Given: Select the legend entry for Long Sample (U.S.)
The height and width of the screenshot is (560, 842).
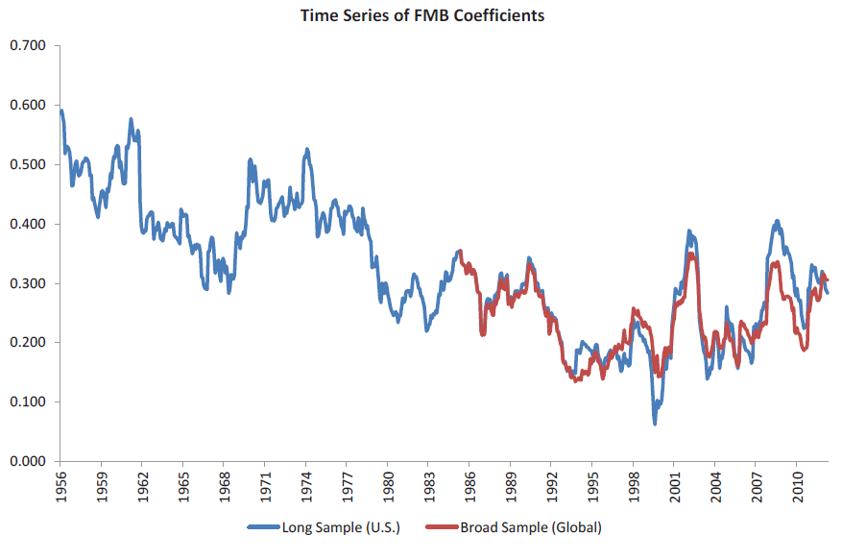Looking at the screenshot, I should click(x=336, y=527).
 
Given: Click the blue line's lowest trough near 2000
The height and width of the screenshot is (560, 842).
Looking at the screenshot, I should click(x=655, y=423).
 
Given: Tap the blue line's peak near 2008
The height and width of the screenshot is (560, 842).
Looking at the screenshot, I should click(x=777, y=221).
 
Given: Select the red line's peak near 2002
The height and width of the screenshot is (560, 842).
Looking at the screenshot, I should click(x=690, y=254).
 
